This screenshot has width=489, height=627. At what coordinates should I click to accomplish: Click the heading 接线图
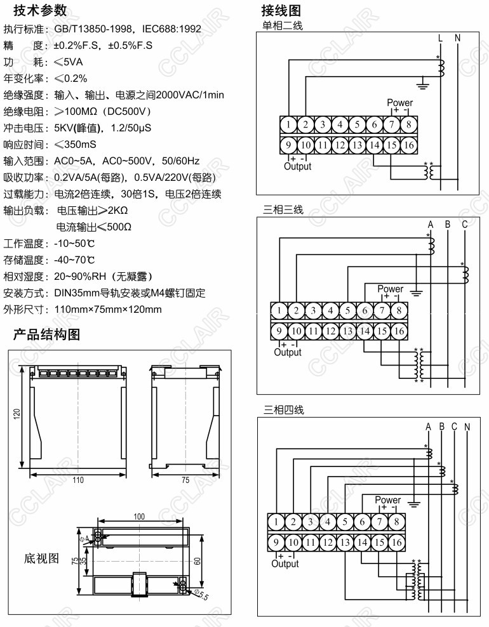point(285,11)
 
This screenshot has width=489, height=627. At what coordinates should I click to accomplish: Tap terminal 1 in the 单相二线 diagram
point(289,124)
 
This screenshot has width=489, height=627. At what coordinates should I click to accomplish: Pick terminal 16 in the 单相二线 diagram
point(409,145)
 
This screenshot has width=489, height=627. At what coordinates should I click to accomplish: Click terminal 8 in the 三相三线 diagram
point(398,311)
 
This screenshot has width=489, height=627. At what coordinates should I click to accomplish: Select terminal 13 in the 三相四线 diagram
point(345,543)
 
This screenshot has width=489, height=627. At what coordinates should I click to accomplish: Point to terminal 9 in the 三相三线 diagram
point(279,331)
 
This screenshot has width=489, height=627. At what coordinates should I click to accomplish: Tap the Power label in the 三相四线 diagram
point(387,500)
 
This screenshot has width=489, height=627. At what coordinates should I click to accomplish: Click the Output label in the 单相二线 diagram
point(297,166)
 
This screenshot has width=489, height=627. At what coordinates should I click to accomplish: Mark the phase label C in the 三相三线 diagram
point(465,225)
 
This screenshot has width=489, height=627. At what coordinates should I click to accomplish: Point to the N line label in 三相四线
point(467,426)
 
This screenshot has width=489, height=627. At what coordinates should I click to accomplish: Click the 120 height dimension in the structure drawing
point(17,413)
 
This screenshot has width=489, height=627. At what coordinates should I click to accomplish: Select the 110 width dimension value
point(77,480)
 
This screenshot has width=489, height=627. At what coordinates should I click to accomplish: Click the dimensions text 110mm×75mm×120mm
point(108,310)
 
